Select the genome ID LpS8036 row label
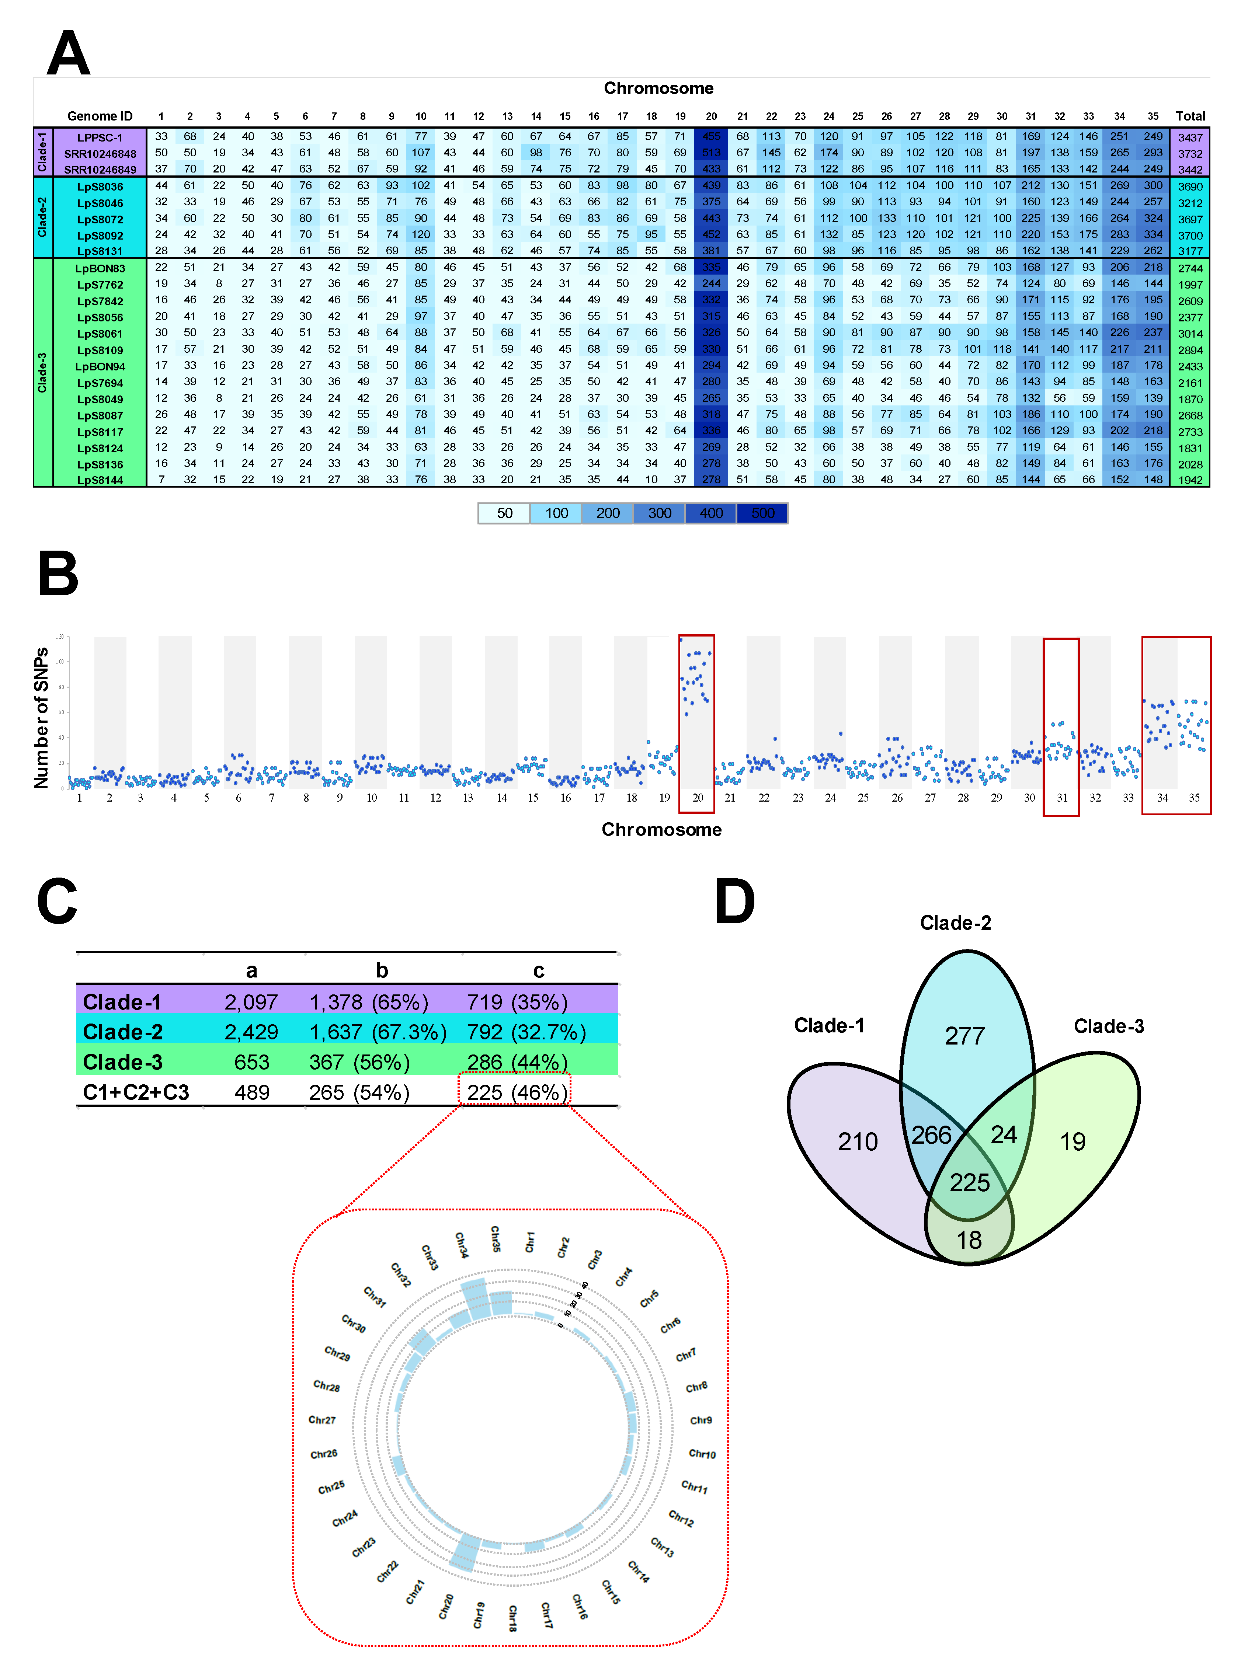point(100,186)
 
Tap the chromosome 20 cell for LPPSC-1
point(711,137)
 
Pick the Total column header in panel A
point(1190,116)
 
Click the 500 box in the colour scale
point(762,513)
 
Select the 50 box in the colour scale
point(504,513)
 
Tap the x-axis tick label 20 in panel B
point(697,798)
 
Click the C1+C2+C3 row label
point(136,1092)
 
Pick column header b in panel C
point(382,970)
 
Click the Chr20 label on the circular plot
point(446,1606)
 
